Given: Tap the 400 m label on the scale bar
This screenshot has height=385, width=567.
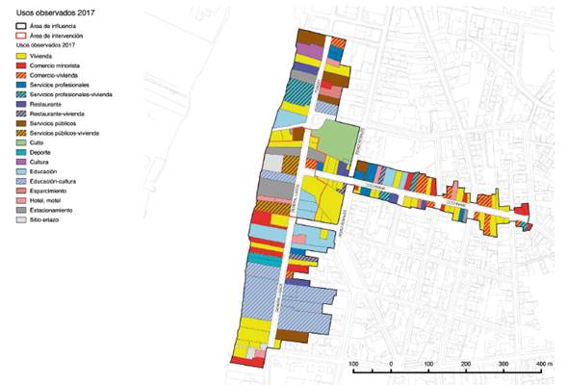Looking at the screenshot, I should click(x=541, y=364).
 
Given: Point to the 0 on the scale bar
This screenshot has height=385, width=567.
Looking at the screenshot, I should click(x=391, y=364).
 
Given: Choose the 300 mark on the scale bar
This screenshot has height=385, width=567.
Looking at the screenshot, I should click(x=503, y=364).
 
